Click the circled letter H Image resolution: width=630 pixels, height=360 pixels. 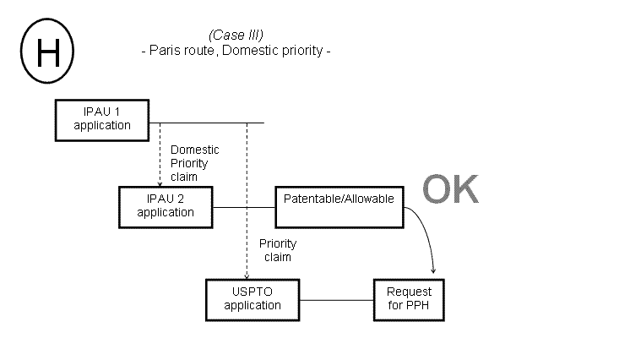tap(46, 52)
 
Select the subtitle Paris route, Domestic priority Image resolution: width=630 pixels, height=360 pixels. tap(235, 51)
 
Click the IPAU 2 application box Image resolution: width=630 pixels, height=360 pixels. tap(166, 206)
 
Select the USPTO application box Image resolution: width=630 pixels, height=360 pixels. tap(253, 299)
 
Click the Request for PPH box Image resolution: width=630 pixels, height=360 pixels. tap(409, 299)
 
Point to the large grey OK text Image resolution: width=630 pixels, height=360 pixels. tap(450, 191)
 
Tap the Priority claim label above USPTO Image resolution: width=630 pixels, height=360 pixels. tap(277, 249)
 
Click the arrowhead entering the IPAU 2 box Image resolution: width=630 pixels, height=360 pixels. tap(160, 183)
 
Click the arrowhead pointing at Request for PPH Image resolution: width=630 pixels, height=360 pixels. tap(434, 270)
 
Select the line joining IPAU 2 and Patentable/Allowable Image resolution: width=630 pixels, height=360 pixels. tap(244, 206)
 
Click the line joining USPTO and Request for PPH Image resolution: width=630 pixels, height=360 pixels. tap(336, 299)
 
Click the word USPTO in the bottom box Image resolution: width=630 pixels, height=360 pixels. tap(253, 292)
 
